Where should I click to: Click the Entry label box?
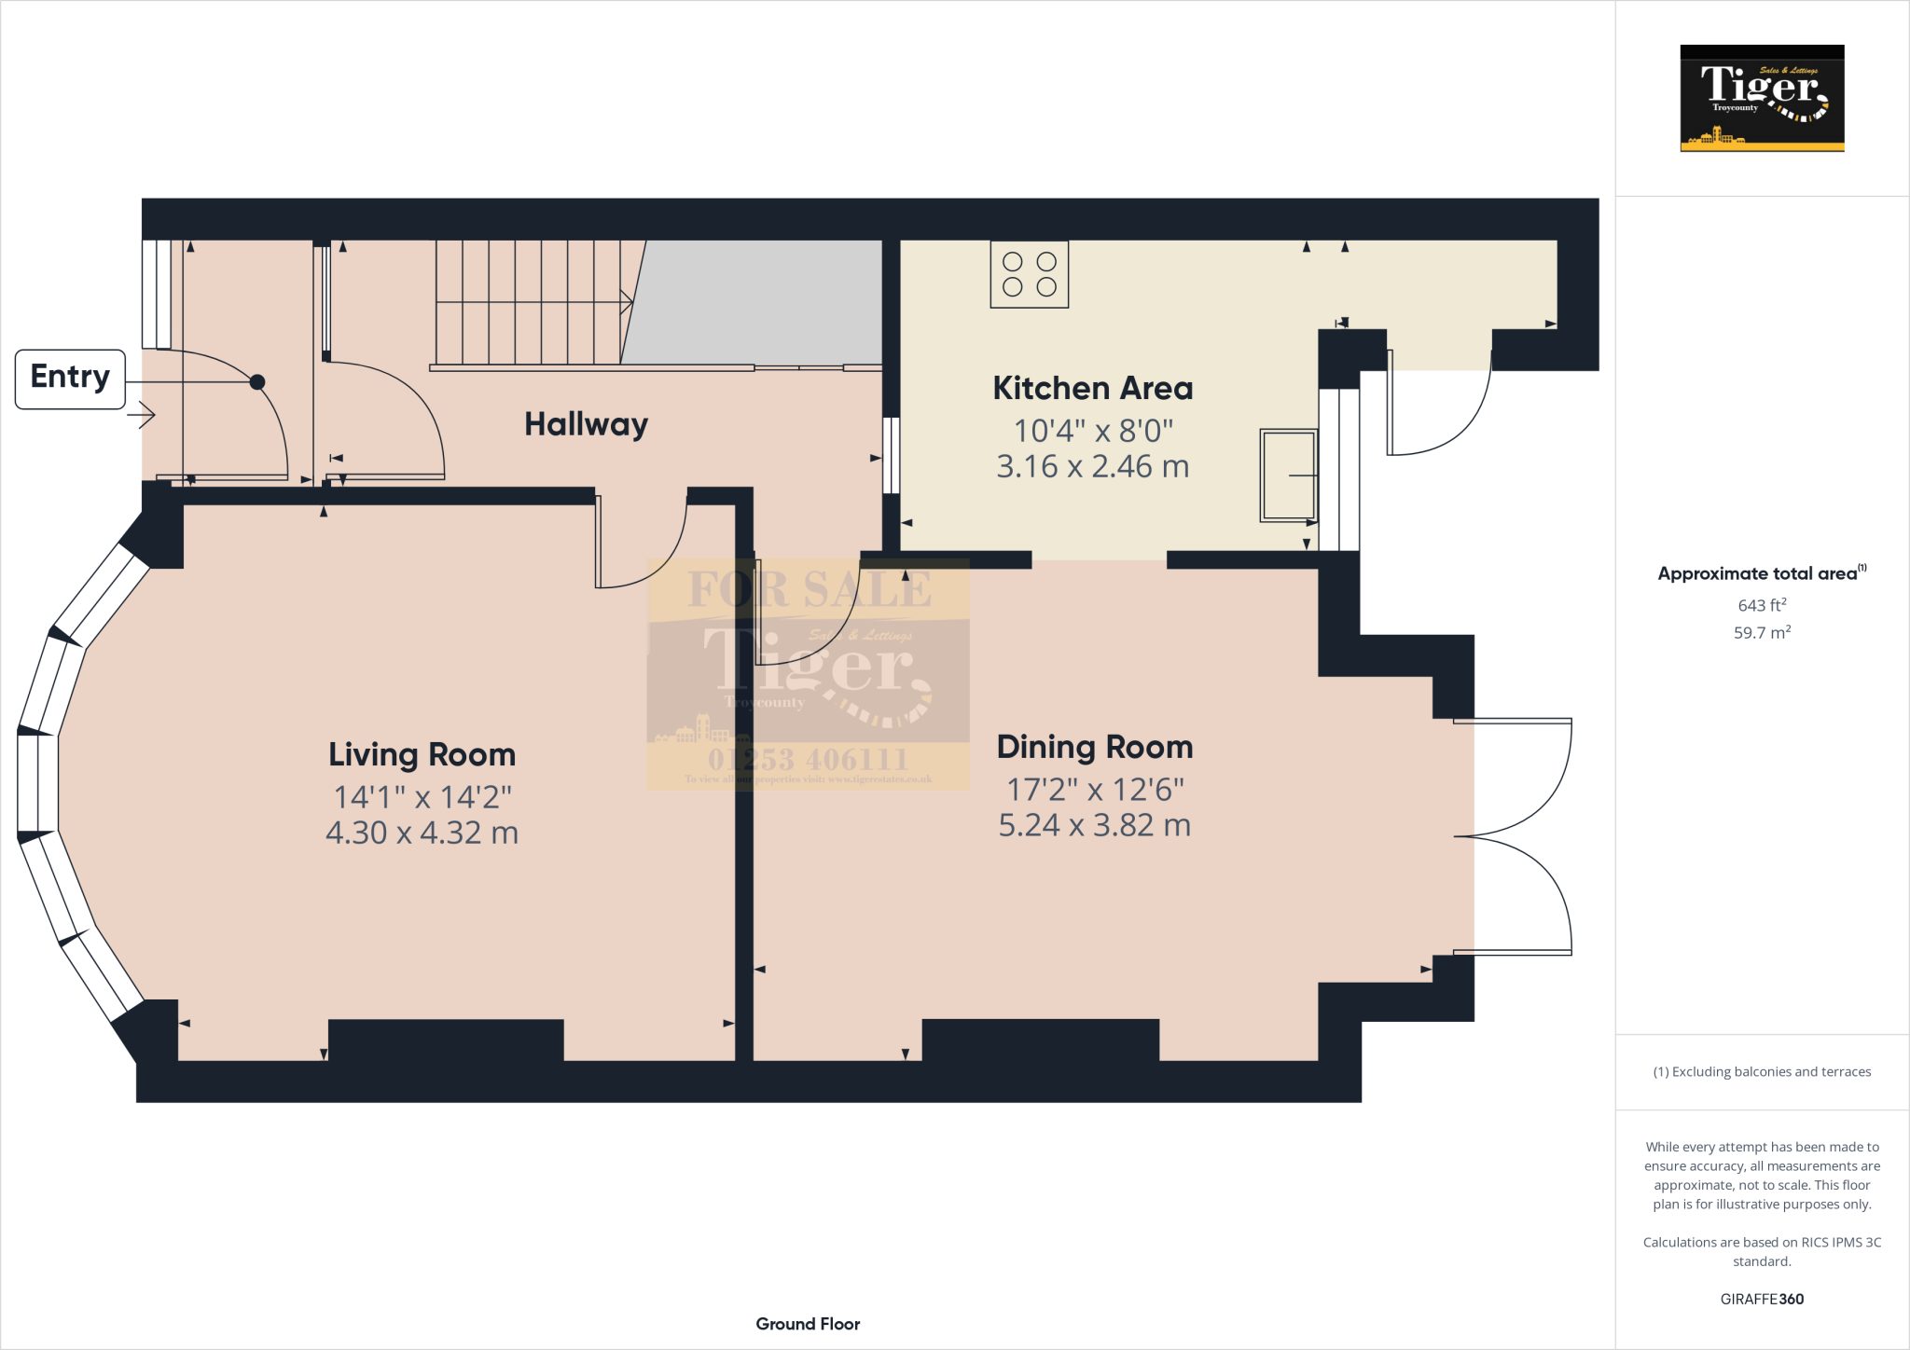(x=70, y=379)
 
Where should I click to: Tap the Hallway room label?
(x=586, y=424)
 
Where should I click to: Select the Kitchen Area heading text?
(x=1092, y=388)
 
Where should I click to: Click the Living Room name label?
(x=422, y=754)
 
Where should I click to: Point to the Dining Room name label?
(x=1094, y=747)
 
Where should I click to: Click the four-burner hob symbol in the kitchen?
(x=1029, y=274)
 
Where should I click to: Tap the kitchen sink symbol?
(x=1288, y=475)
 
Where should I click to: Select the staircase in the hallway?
(x=530, y=302)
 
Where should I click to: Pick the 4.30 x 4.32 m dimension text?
(x=422, y=833)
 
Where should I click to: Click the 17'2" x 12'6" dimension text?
(x=1094, y=790)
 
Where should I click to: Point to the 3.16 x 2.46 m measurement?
(x=1092, y=466)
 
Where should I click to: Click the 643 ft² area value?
(x=1761, y=605)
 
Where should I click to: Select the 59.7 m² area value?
(x=1761, y=632)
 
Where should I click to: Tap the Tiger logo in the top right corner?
(x=1761, y=98)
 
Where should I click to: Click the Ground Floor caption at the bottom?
(x=808, y=1324)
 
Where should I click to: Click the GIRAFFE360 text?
(x=1761, y=1299)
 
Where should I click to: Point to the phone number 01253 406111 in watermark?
(x=808, y=759)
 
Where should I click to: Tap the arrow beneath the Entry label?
(x=142, y=415)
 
